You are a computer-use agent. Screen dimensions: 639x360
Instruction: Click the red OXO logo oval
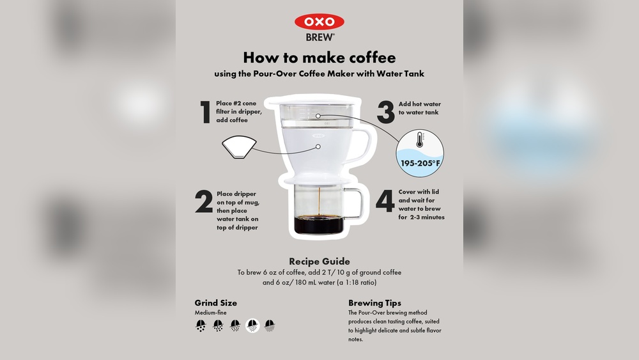point(319,22)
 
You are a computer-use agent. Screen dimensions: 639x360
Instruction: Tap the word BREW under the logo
point(319,37)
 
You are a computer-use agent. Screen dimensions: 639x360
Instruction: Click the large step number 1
point(205,112)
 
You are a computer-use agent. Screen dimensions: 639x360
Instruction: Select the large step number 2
point(204,201)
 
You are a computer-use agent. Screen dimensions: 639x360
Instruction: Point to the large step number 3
point(385,112)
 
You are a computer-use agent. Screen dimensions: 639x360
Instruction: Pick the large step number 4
point(385,201)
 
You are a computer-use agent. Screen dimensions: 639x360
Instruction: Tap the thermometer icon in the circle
point(419,139)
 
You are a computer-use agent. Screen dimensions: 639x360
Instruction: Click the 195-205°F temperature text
point(420,164)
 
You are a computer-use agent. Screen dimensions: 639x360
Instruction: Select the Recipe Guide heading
point(319,262)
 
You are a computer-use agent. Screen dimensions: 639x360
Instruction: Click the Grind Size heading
point(215,303)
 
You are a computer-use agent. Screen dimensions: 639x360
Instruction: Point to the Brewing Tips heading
point(374,303)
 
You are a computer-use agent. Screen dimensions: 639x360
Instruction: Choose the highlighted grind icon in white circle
point(252,325)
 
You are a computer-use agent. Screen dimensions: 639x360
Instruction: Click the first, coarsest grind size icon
point(201,325)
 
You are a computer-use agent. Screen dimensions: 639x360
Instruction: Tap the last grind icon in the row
point(270,325)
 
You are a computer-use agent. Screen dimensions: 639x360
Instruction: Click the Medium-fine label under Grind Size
point(210,313)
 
